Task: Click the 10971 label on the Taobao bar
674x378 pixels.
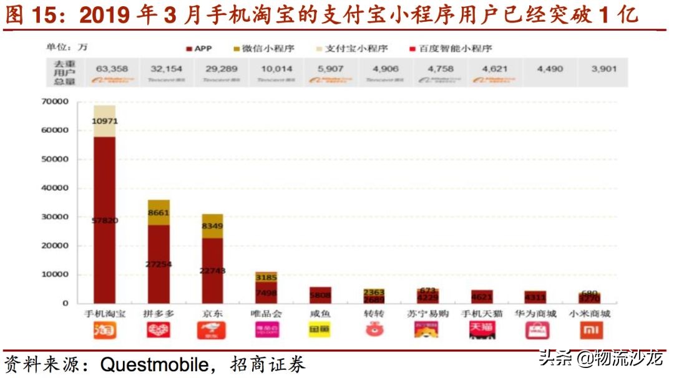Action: click(104, 121)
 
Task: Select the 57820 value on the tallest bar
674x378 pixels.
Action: click(104, 220)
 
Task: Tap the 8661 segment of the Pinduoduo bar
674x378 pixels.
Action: click(159, 212)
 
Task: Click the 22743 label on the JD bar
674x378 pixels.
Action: click(212, 270)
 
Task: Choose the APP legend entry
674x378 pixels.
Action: click(199, 48)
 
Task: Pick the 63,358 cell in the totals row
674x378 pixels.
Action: click(112, 69)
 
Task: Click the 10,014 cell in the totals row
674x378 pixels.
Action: click(276, 69)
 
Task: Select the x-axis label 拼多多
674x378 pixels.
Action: click(159, 314)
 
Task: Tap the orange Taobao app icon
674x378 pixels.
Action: click(104, 331)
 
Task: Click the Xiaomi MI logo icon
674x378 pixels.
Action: click(590, 331)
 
